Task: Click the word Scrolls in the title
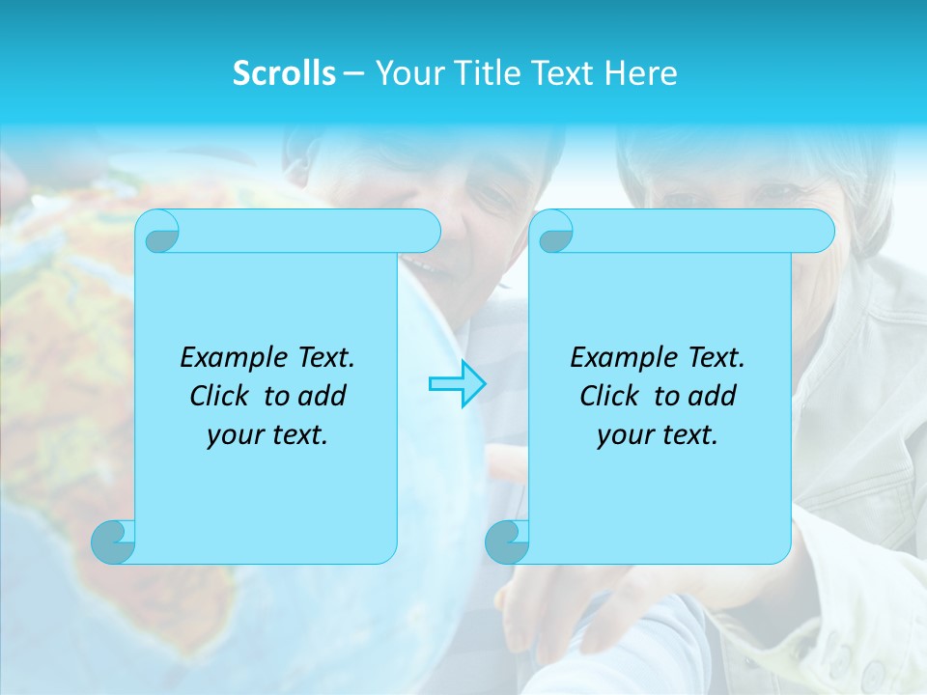(x=284, y=73)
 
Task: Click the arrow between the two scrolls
(x=457, y=384)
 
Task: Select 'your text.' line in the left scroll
(x=267, y=435)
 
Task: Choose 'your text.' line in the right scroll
(x=658, y=435)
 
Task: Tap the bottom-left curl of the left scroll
(x=112, y=542)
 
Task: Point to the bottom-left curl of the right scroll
(x=506, y=542)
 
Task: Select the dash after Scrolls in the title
(x=353, y=73)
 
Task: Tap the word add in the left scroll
(x=323, y=396)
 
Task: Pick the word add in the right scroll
(x=713, y=396)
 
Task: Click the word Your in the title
(x=404, y=73)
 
